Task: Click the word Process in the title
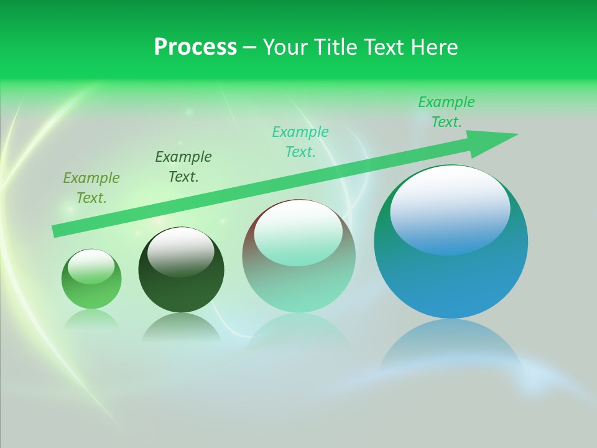coord(195,47)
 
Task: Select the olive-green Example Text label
coord(91,188)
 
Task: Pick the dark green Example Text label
coord(183,167)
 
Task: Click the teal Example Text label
coord(300,142)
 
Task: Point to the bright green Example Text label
coord(447,112)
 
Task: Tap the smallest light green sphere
coord(91,292)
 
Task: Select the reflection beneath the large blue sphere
coord(451,348)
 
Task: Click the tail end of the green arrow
coord(58,231)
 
